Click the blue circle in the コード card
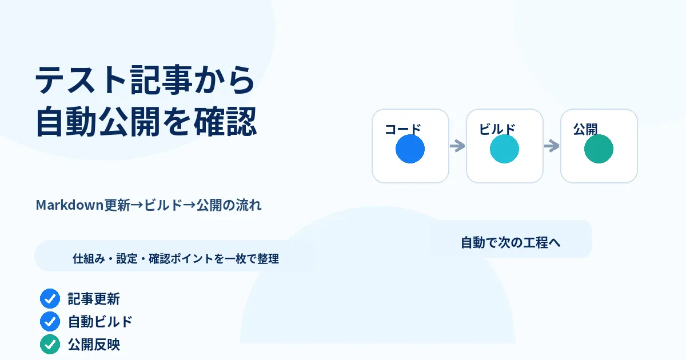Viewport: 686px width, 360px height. tap(410, 149)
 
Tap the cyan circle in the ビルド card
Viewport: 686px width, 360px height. tap(504, 149)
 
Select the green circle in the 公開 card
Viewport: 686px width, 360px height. tap(599, 149)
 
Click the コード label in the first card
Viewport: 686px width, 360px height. tap(402, 129)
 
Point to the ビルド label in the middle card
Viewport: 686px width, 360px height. tap(497, 129)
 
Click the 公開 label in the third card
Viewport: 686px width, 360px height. tap(585, 129)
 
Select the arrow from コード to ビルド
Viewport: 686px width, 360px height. tap(457, 146)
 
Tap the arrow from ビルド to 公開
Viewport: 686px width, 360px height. tap(552, 146)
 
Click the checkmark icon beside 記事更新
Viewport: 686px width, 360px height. tap(50, 298)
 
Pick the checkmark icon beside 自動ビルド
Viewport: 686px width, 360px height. tap(50, 321)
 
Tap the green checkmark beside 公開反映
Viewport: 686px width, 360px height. tap(50, 345)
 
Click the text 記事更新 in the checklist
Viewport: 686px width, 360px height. tap(94, 299)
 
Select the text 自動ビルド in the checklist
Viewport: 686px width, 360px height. tap(100, 322)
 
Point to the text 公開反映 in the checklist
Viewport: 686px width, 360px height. tap(94, 345)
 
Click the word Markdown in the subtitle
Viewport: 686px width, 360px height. tap(70, 205)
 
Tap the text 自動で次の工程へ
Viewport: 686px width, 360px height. tap(510, 242)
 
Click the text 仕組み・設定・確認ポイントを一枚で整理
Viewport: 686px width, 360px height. tap(176, 259)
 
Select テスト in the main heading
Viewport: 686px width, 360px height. tap(81, 80)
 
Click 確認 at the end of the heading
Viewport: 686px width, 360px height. tap(225, 121)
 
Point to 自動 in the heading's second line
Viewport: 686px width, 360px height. tap(66, 121)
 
